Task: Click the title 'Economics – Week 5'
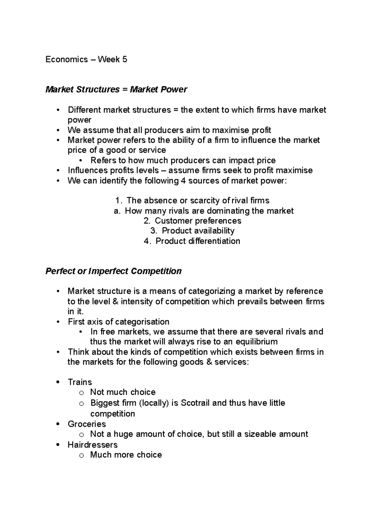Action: pos(86,59)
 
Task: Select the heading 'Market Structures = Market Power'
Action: pos(116,89)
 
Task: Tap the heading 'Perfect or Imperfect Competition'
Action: pos(113,271)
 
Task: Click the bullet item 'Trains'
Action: pos(80,382)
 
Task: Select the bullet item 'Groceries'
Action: pos(87,424)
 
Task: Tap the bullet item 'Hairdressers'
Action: pos(93,445)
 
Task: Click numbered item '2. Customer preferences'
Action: pos(192,221)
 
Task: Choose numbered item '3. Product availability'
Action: pos(192,231)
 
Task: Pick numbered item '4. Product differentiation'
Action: pos(192,241)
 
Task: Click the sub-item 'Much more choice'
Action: pos(126,455)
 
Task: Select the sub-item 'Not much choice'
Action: pos(123,392)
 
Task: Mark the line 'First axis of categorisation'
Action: pos(118,322)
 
